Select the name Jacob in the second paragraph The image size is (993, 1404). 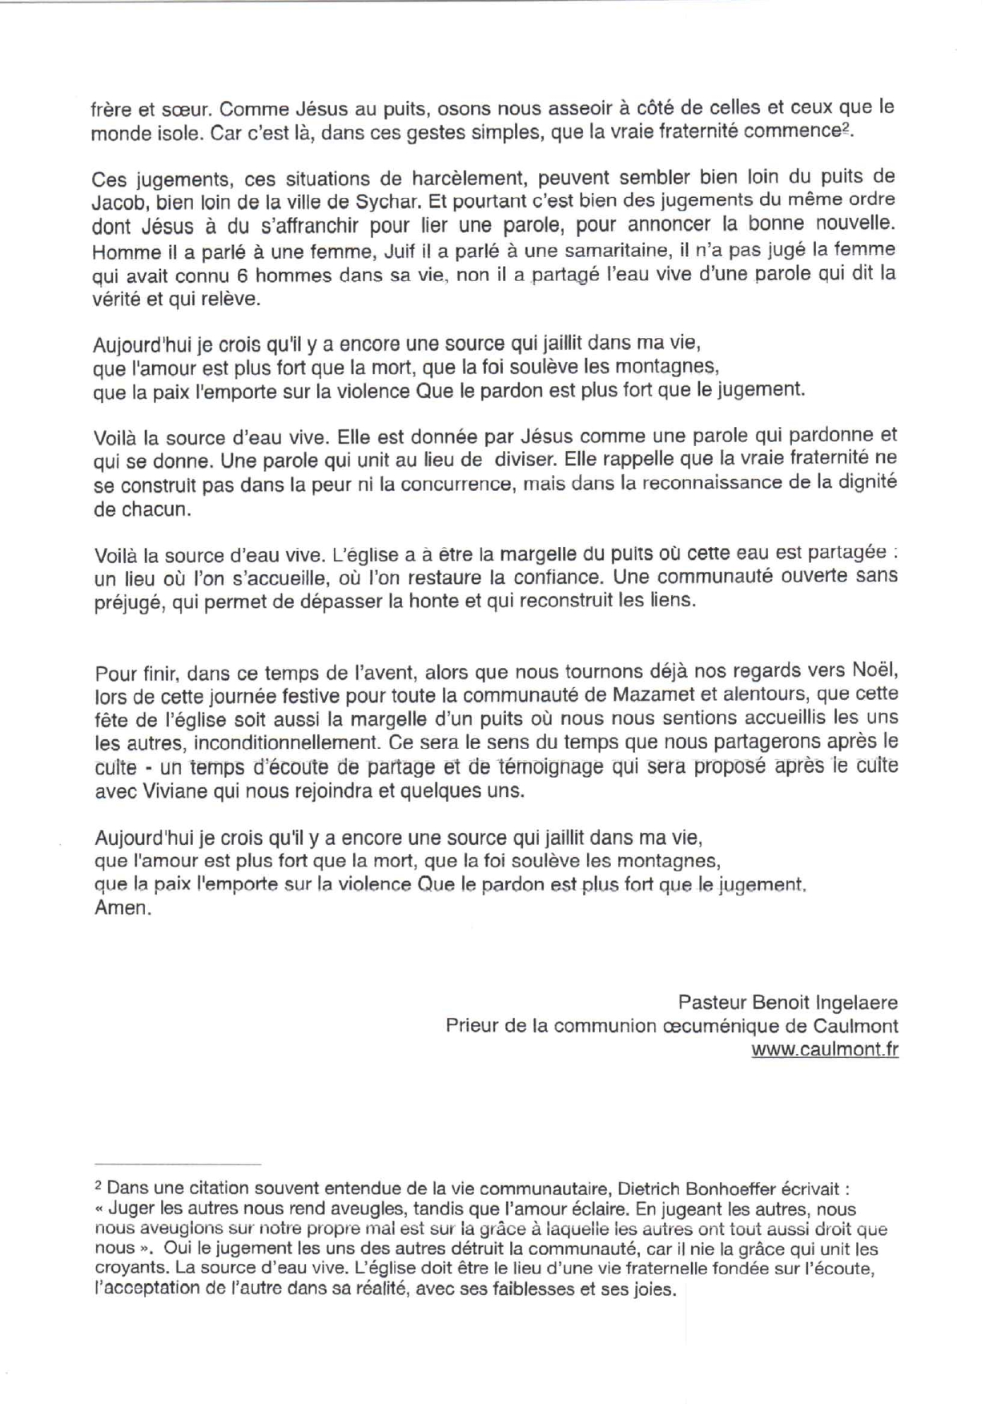click(118, 201)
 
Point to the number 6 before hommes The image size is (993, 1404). click(243, 275)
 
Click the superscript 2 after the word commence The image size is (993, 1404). click(846, 128)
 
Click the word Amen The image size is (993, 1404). click(122, 908)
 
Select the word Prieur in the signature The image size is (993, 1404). click(471, 1026)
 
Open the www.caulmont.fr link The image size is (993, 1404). click(824, 1050)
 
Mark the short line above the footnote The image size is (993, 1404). click(178, 1163)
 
